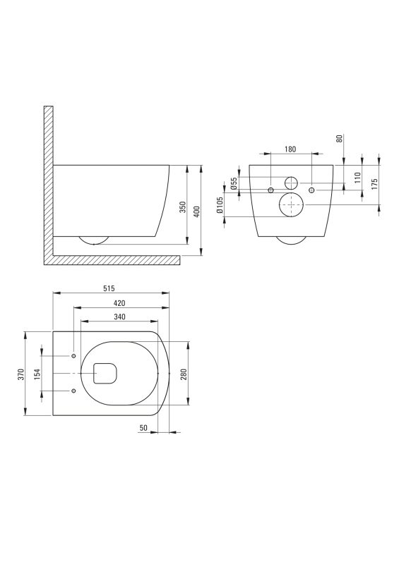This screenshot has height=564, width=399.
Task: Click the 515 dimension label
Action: click(109, 288)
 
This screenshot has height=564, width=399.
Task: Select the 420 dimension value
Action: click(119, 303)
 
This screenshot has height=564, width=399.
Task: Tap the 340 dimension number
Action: click(119, 317)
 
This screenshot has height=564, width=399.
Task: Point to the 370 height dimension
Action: click(21, 374)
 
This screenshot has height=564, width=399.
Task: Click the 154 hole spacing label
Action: click(37, 374)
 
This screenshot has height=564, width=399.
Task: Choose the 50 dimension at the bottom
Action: click(143, 428)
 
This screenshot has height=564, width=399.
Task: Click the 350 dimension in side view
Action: click(183, 207)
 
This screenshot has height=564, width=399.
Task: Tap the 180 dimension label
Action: click(290, 149)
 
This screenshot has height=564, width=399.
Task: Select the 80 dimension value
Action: click(339, 138)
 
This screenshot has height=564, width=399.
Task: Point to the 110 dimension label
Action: click(357, 178)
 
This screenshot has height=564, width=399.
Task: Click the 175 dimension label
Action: click(374, 184)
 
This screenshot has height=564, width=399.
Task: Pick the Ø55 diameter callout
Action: click(234, 183)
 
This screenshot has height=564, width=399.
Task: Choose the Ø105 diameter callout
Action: click(220, 205)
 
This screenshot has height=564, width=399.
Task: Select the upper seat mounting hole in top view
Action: click(73, 356)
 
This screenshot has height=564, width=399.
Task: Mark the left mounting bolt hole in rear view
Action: click(271, 190)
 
